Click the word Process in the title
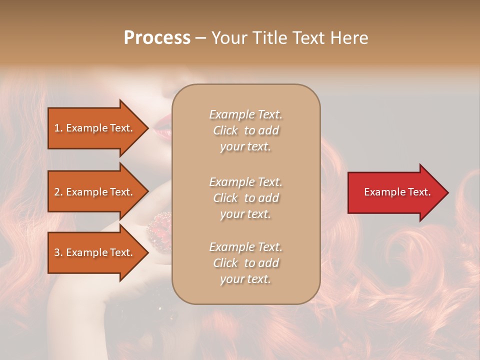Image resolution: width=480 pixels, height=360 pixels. point(157,38)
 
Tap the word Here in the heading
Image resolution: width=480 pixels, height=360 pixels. point(349,38)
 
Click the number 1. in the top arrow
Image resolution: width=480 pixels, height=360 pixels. point(58,128)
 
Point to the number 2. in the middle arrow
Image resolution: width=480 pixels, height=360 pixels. point(58,192)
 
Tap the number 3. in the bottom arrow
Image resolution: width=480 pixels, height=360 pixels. point(58,252)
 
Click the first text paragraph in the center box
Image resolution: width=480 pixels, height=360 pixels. point(245,130)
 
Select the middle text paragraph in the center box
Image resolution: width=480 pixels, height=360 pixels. point(245,198)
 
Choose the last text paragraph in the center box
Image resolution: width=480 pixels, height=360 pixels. point(245,263)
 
